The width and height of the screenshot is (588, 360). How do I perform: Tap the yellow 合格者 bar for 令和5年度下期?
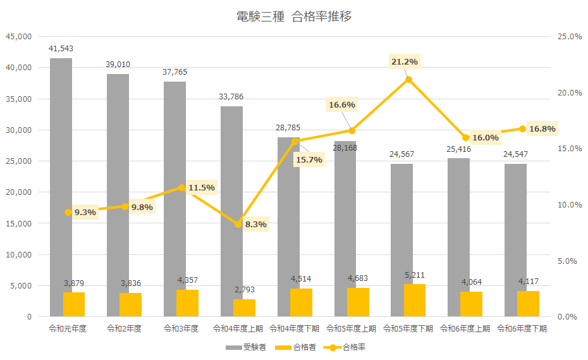point(414,301)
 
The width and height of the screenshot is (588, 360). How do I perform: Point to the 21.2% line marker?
point(408,79)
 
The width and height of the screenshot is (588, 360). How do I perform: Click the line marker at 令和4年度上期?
point(238,223)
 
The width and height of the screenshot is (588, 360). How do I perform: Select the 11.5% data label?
point(202,187)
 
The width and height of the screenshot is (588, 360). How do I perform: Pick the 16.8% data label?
point(542,129)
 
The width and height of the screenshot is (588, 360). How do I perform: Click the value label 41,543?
point(61,48)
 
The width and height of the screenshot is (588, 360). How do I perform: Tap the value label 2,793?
point(244,289)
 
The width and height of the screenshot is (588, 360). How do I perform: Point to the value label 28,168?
point(346,148)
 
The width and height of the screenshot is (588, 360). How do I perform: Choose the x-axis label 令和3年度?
point(181,329)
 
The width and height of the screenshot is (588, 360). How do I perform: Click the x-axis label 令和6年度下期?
point(522,329)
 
